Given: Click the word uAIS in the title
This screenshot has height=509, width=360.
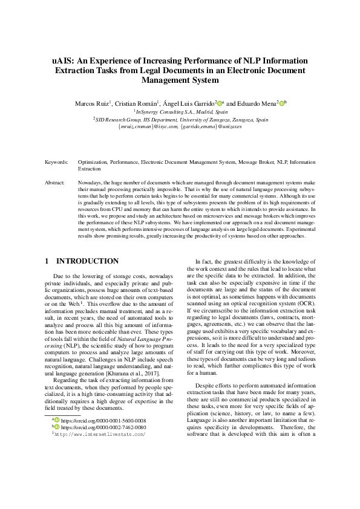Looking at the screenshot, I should click(63, 60).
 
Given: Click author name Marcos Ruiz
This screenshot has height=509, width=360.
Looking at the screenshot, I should click(93, 103).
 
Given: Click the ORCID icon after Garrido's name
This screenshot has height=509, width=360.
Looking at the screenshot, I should click(221, 103).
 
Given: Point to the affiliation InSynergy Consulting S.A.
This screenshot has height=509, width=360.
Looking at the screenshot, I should click(182, 112).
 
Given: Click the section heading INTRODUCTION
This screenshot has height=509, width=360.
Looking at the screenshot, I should click(88, 261).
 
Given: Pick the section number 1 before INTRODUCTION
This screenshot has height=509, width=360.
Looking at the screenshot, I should click(47, 261).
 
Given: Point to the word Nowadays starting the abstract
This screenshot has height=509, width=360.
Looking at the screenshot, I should click(91, 182).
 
